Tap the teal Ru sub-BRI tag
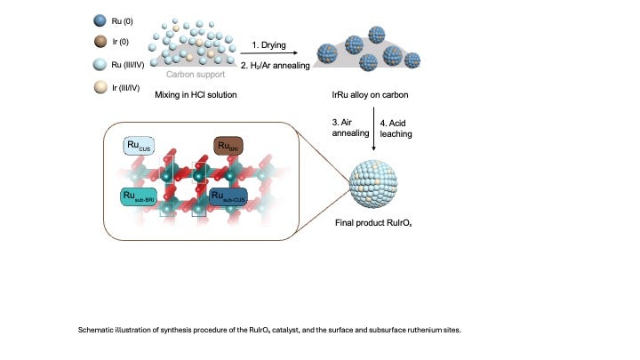(x=144, y=196)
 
